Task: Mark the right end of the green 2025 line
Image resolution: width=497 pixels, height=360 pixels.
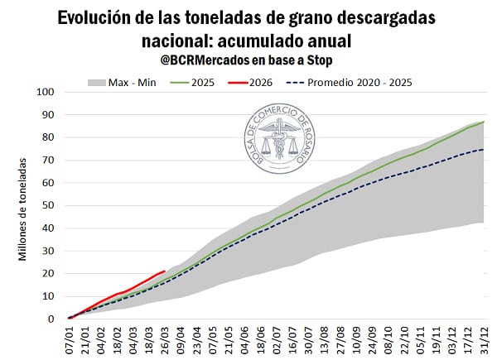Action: (485, 122)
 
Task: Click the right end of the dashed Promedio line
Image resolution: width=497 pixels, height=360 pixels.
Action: (485, 149)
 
